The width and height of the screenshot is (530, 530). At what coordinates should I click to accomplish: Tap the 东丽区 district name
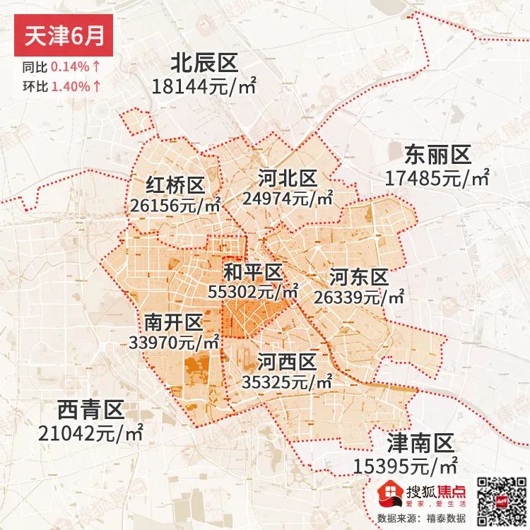pyautogui.click(x=437, y=154)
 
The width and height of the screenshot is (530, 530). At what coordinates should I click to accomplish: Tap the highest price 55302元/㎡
pyautogui.click(x=254, y=290)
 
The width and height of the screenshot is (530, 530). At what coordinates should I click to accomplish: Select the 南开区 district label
pyautogui.click(x=174, y=323)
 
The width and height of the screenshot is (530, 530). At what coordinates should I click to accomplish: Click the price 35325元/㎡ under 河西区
pyautogui.click(x=287, y=382)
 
